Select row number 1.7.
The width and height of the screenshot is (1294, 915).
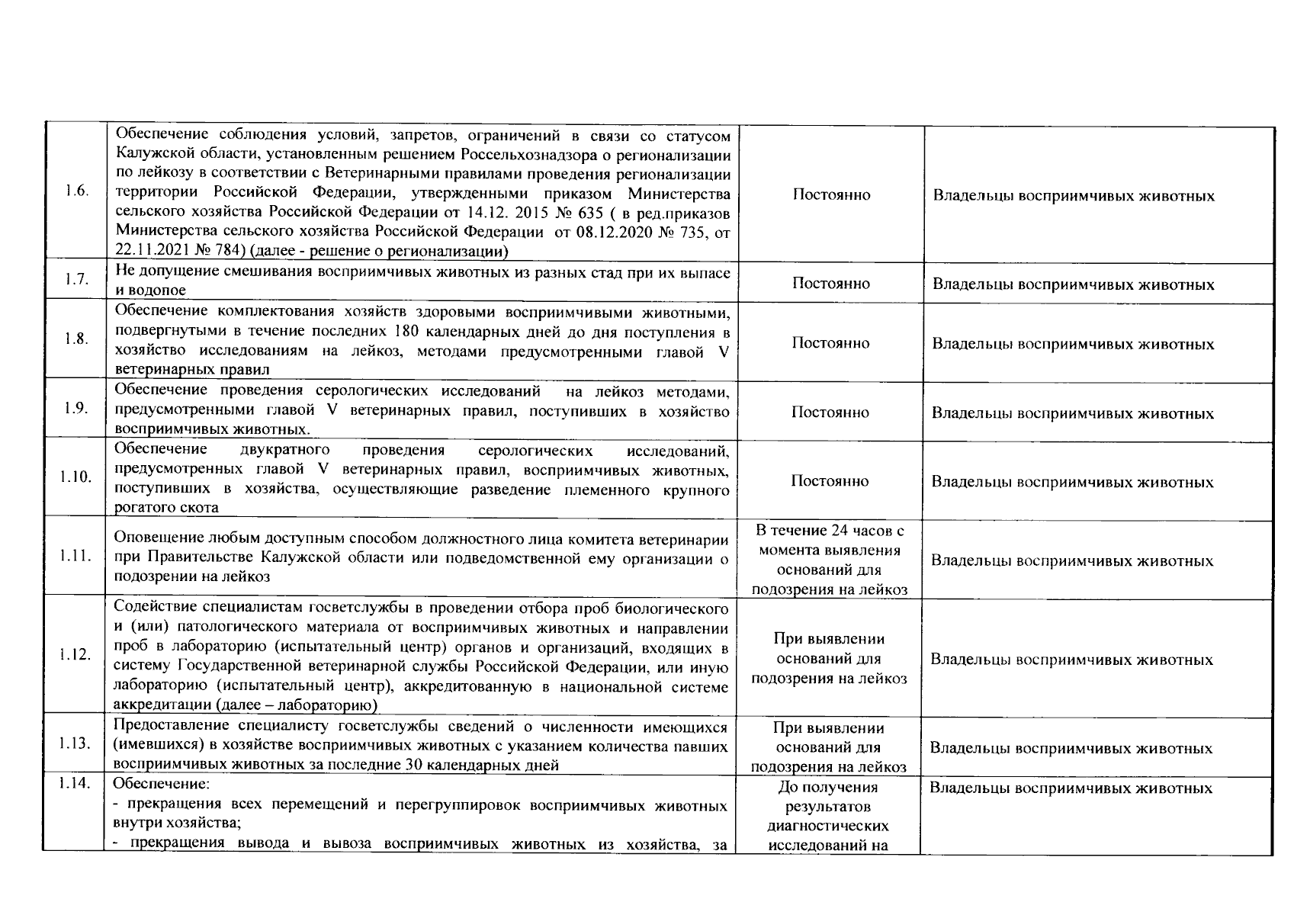click(77, 279)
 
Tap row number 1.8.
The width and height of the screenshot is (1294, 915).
click(77, 339)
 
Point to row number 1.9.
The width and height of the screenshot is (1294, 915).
click(77, 408)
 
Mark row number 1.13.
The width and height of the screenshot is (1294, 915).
click(77, 743)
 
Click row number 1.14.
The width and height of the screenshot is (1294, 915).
click(77, 783)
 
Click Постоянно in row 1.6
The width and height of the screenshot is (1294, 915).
click(831, 195)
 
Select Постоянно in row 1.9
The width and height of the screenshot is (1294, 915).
click(830, 413)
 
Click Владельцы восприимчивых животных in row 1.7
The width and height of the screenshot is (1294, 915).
click(1074, 285)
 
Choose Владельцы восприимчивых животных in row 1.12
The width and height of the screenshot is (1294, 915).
click(1072, 660)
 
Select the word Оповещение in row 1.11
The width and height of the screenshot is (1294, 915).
click(150, 539)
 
